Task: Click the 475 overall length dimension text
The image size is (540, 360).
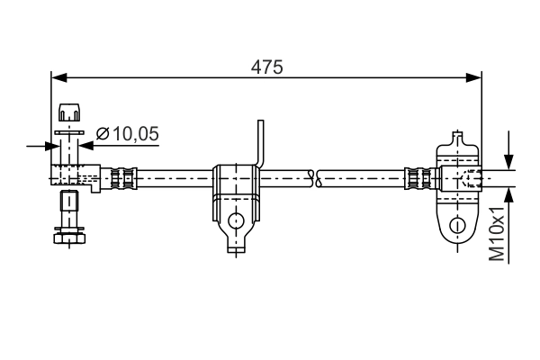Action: point(266,67)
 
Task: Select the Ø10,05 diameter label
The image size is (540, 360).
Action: point(127,134)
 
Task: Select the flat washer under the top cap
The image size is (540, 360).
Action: point(68,131)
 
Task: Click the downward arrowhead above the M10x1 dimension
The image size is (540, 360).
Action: point(509,159)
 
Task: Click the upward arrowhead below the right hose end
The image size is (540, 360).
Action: point(509,193)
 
